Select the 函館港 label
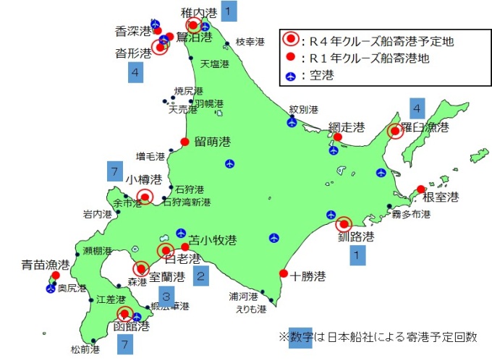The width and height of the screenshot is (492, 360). coord(133,327)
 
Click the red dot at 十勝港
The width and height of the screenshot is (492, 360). coord(283,273)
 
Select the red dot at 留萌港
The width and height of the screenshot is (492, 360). coord(184,141)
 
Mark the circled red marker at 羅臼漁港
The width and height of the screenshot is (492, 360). coord(395,131)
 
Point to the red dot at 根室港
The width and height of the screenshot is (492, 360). coord(421,189)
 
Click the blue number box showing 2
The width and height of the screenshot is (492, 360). coord(203,275)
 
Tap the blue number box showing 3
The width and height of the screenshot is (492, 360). coord(166,296)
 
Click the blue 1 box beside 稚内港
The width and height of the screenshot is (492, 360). coord(229,11)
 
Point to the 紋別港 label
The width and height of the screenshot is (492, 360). coord(304,110)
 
